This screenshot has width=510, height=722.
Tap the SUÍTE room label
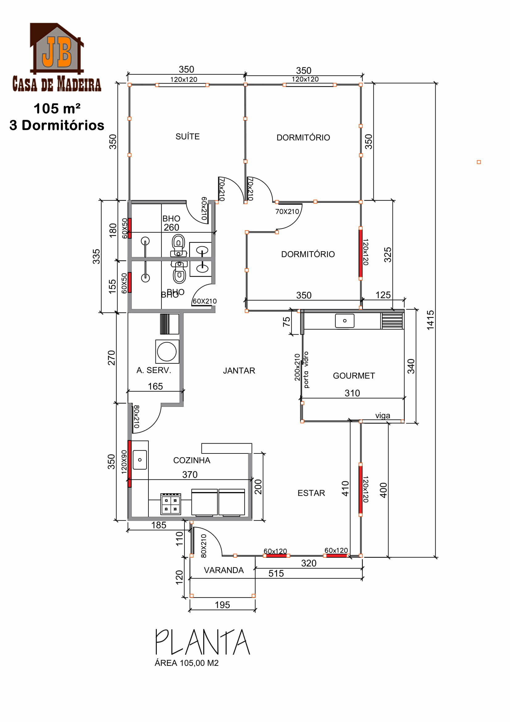click(188, 136)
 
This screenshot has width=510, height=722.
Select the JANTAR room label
click(239, 371)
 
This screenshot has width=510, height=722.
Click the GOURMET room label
click(354, 376)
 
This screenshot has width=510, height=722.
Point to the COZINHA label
click(192, 460)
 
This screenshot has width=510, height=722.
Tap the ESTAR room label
click(311, 493)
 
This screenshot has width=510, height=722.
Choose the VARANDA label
click(224, 570)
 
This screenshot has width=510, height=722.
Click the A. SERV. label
click(154, 370)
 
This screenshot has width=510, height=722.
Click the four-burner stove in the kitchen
click(171, 504)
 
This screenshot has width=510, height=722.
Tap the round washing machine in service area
click(167, 351)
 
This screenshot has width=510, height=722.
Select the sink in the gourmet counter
click(345, 321)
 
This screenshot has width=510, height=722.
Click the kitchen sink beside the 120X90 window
click(140, 460)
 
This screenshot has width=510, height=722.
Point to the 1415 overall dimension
click(430, 320)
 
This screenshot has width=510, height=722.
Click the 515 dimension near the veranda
click(276, 573)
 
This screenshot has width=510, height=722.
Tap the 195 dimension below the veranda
click(222, 605)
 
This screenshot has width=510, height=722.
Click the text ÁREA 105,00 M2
click(186, 663)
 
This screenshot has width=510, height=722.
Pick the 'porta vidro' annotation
click(306, 370)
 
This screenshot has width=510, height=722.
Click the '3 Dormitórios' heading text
click(57, 125)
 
